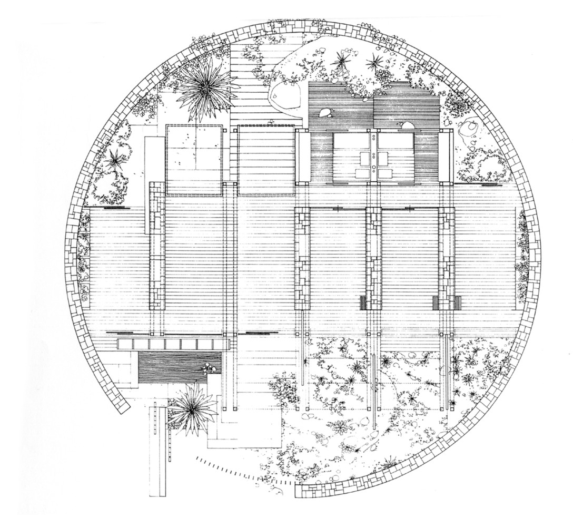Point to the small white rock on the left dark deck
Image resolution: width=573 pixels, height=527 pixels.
point(323,112)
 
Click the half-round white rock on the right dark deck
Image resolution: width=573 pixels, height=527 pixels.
point(407,126)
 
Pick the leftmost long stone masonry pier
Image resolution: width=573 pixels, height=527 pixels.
point(157,245)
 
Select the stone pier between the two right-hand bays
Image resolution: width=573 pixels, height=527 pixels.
point(373,258)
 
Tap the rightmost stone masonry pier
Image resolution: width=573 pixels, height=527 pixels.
point(447,258)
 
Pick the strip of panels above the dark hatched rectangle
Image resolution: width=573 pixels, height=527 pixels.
point(174,344)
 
